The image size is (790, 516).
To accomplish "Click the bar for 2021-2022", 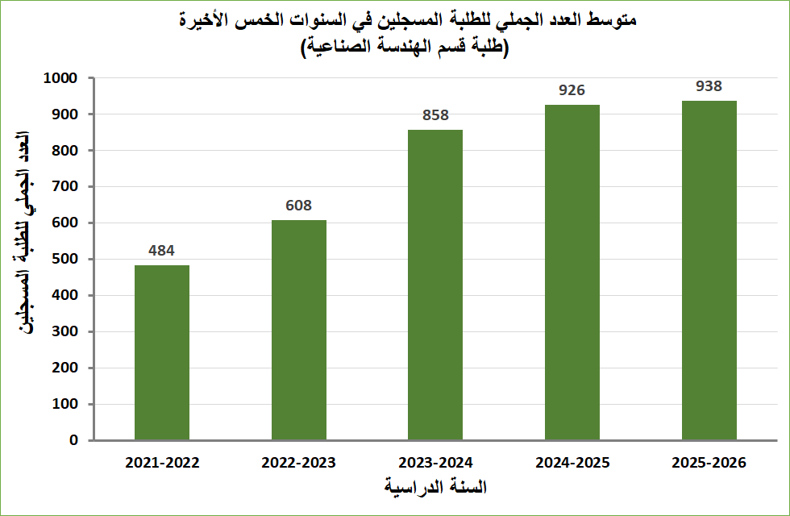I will tap(162, 352).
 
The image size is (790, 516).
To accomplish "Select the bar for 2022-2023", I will tap(299, 330).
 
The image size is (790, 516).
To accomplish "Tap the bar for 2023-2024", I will tap(435, 285).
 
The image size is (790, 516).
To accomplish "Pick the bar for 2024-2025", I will tap(572, 272).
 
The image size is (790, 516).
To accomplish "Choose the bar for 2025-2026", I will tap(709, 270).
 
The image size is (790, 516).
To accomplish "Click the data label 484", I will tap(162, 251).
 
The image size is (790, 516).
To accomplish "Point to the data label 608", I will tap(299, 206).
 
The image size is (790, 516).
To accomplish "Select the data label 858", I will tap(435, 115).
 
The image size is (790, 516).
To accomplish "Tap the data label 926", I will tap(572, 90).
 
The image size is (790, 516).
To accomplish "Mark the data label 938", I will tap(709, 86).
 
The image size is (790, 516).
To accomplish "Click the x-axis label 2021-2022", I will tap(162, 464).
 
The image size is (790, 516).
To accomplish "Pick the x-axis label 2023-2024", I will tap(435, 464).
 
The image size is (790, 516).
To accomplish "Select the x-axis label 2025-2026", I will tap(709, 464).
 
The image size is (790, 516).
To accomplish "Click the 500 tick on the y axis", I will tap(65, 259).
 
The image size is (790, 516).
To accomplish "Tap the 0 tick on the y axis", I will tap(73, 440).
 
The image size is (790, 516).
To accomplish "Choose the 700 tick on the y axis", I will tap(65, 186).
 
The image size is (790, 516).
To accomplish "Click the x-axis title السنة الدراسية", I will tap(436, 488).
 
